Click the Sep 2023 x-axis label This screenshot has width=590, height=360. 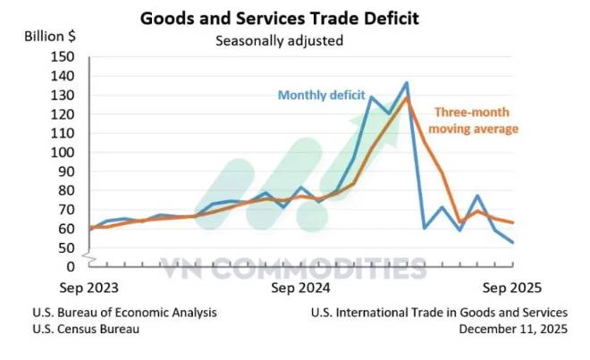coord(89,289)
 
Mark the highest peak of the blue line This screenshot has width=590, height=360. coord(407,83)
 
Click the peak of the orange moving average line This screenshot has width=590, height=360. coord(407,97)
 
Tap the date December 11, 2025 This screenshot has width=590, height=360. coord(513,329)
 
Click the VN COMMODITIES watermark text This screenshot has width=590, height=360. coord(293,267)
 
